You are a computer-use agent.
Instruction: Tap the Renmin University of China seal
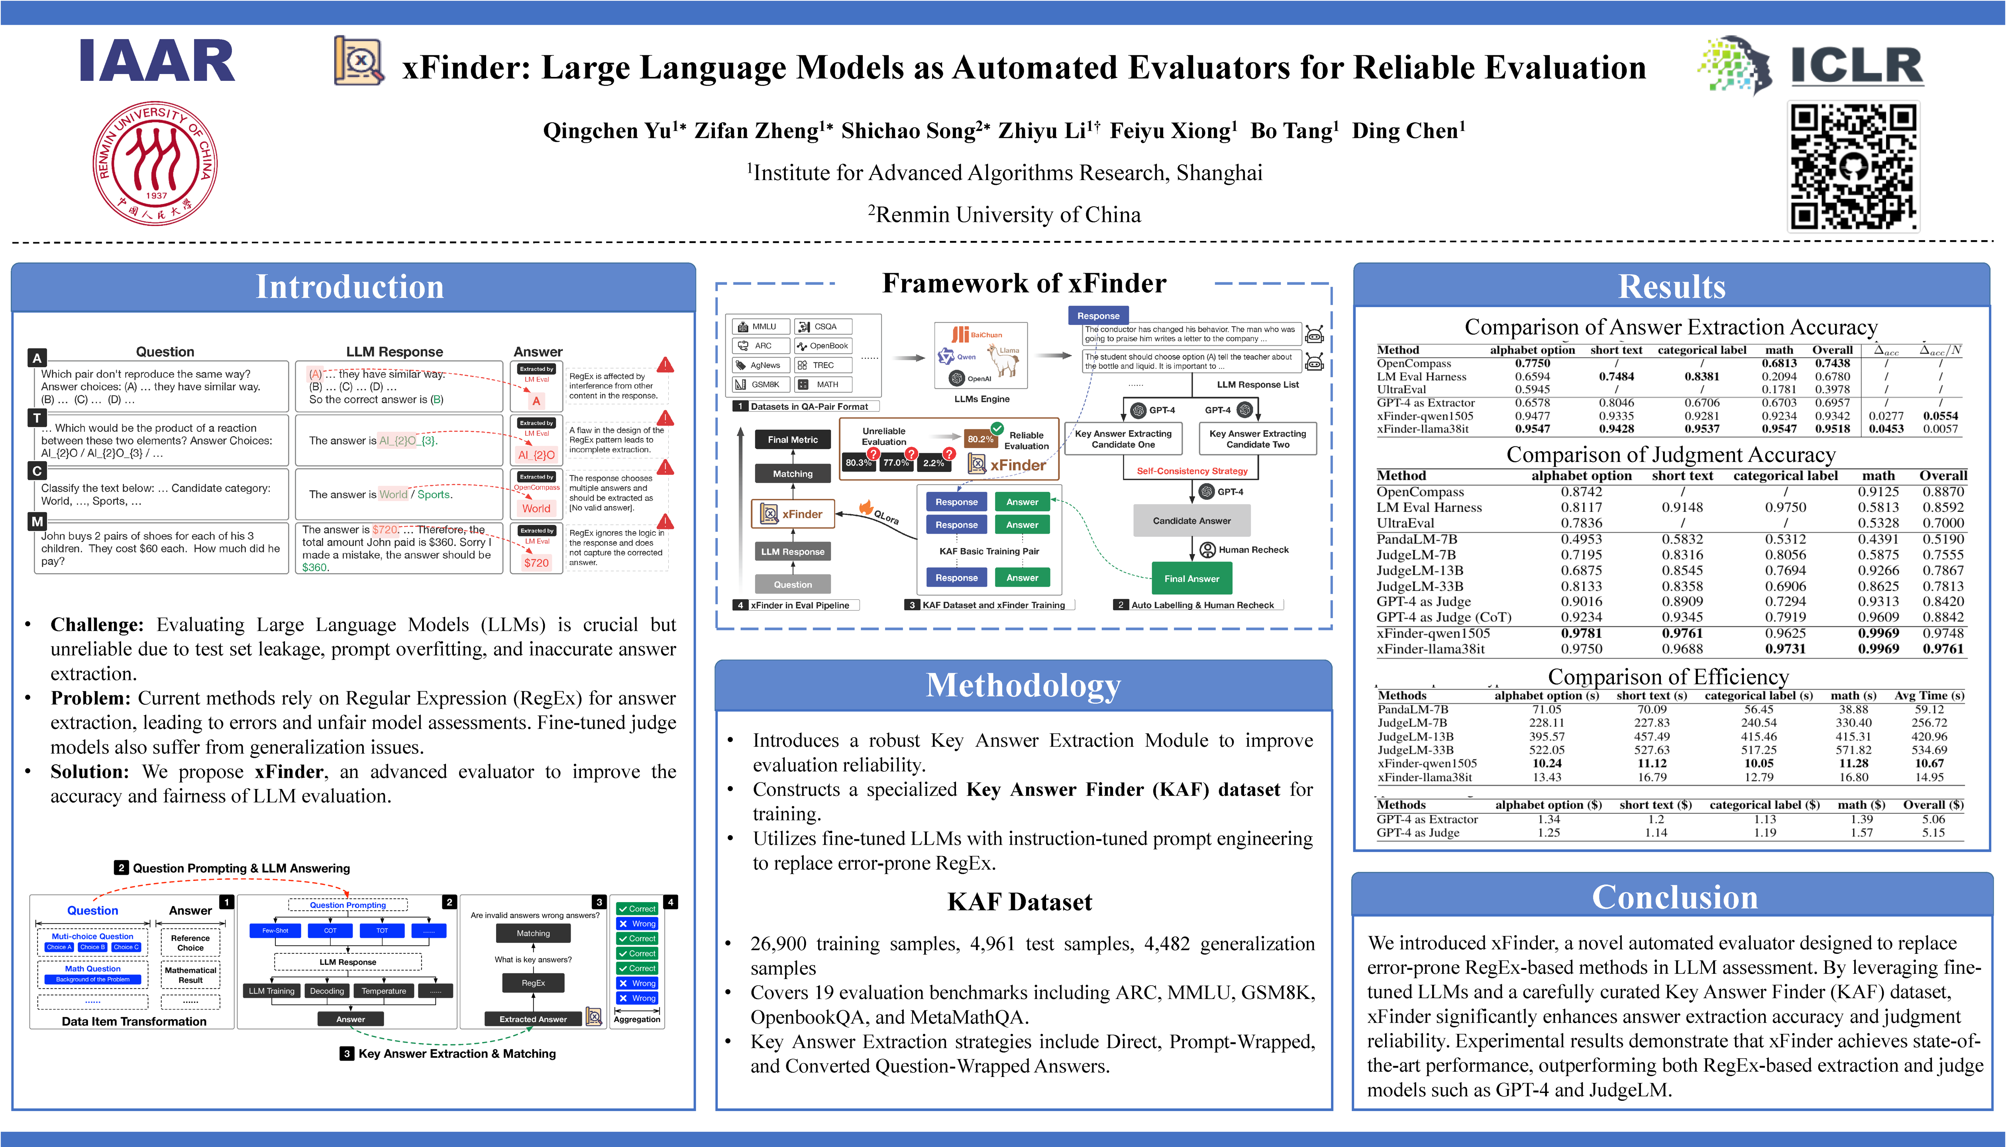click(155, 163)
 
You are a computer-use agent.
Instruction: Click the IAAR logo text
click(157, 61)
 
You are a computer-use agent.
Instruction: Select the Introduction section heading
click(350, 287)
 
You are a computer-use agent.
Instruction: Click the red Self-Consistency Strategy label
click(1192, 471)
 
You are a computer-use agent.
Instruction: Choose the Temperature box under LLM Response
click(384, 991)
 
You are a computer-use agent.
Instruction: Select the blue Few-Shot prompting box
click(275, 930)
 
